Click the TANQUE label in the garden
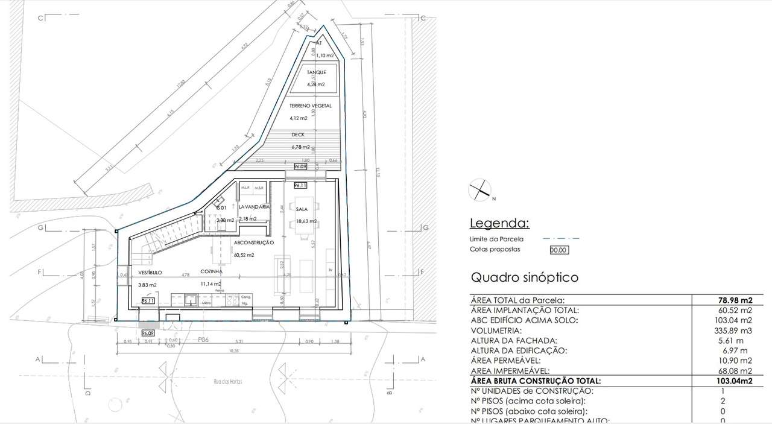pyautogui.click(x=316, y=72)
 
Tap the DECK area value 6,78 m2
pyautogui.click(x=300, y=147)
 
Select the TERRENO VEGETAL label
pyautogui.click(x=311, y=106)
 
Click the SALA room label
pyautogui.click(x=302, y=209)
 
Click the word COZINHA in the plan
pyautogui.click(x=212, y=271)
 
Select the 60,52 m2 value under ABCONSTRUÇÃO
pyautogui.click(x=244, y=255)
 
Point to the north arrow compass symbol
pyautogui.click(x=480, y=191)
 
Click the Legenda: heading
pyautogui.click(x=499, y=224)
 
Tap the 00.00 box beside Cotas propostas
pyautogui.click(x=558, y=250)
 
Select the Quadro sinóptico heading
pyautogui.click(x=524, y=277)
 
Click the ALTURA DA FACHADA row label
pyautogui.click(x=514, y=341)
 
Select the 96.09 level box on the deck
pyautogui.click(x=300, y=166)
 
